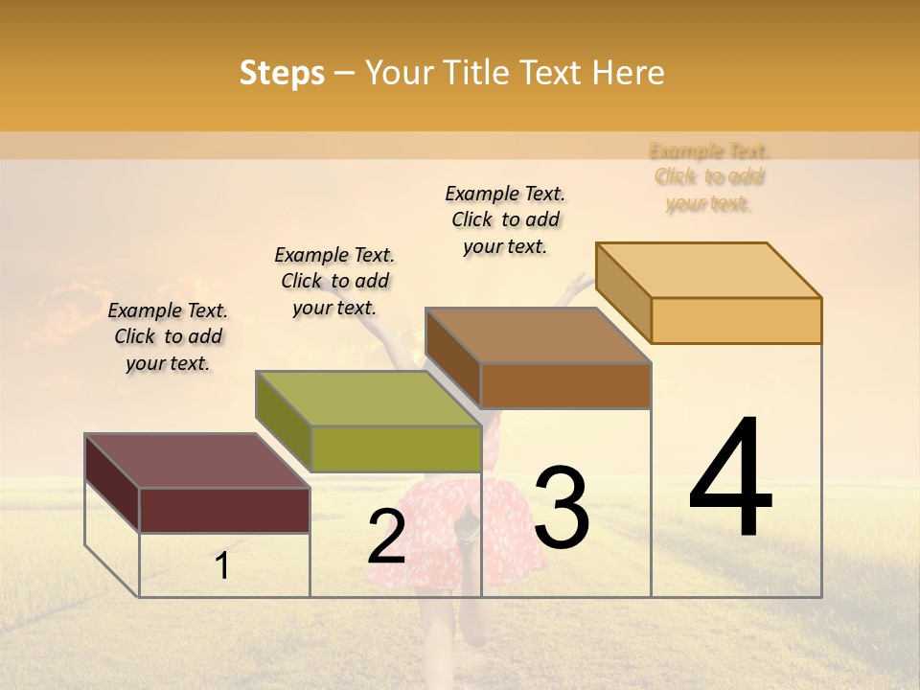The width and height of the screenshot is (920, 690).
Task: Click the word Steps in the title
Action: (282, 73)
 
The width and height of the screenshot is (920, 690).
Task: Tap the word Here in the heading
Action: (628, 73)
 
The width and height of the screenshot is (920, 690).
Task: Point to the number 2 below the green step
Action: (386, 537)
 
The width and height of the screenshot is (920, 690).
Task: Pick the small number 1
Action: (222, 566)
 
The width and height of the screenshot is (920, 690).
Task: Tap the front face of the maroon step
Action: (224, 510)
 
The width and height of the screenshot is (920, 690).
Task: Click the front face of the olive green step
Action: (396, 448)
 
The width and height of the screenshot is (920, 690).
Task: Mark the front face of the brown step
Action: (565, 385)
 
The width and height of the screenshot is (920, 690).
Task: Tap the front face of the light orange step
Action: (736, 320)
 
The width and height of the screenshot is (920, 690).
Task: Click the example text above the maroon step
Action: (168, 336)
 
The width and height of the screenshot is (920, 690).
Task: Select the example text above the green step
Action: (334, 281)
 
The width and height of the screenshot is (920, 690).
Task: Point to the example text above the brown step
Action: (505, 219)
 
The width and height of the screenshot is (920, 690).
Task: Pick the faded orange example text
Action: (709, 177)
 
